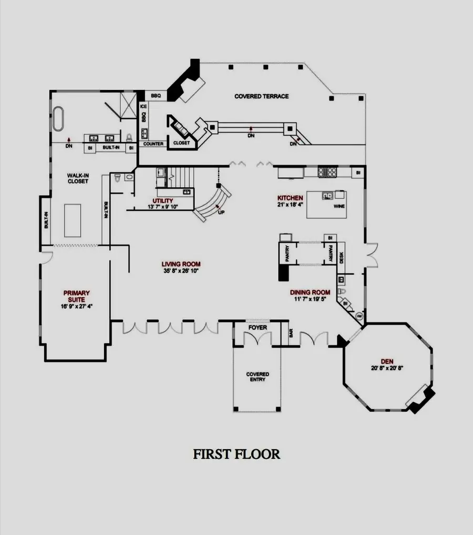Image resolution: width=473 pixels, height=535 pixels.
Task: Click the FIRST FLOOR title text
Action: click(x=236, y=453)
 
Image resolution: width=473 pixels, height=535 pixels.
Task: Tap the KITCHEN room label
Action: click(x=290, y=198)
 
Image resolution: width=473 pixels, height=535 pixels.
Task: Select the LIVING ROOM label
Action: click(x=181, y=264)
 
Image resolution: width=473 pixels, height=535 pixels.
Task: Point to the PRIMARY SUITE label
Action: click(x=76, y=296)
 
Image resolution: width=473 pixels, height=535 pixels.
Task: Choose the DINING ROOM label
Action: click(x=310, y=292)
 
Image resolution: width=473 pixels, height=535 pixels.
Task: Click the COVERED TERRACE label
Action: click(x=261, y=96)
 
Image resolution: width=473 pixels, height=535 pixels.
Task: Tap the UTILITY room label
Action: click(x=163, y=201)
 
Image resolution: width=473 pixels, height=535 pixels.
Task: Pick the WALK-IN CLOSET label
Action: click(x=77, y=178)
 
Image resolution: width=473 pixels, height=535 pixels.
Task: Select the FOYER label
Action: click(x=258, y=328)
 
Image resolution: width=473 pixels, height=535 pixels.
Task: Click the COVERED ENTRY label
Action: click(x=258, y=377)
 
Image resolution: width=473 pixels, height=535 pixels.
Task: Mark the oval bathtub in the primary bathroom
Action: click(x=58, y=118)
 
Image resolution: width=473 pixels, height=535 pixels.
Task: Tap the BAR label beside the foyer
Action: click(x=291, y=333)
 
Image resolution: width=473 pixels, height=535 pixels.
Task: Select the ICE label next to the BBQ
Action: click(x=143, y=106)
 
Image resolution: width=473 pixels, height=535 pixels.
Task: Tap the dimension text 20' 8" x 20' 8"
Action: click(x=387, y=368)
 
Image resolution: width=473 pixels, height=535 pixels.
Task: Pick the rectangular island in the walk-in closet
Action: click(x=73, y=220)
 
